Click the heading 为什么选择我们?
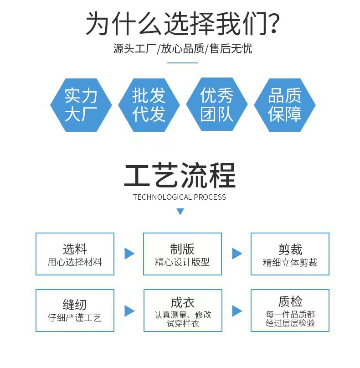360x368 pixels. [182, 24]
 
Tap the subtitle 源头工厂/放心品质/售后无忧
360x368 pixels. [182, 48]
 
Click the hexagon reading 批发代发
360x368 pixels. [149, 105]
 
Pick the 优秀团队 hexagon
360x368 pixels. [217, 105]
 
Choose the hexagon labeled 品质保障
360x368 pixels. [285, 105]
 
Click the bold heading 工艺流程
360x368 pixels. [180, 176]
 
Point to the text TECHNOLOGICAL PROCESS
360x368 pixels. [180, 197]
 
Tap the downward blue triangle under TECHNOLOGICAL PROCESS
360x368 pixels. [180, 212]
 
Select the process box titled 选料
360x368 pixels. [75, 254]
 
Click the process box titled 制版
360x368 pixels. [182, 254]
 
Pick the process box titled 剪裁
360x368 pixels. [290, 254]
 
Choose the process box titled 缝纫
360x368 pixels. [75, 310]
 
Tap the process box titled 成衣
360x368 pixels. [182, 310]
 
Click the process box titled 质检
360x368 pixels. [290, 310]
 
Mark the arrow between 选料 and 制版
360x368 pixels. [129, 254]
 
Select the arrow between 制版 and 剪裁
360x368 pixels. [237, 254]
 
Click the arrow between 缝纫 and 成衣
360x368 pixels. [129, 311]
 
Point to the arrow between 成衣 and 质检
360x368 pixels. [237, 311]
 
